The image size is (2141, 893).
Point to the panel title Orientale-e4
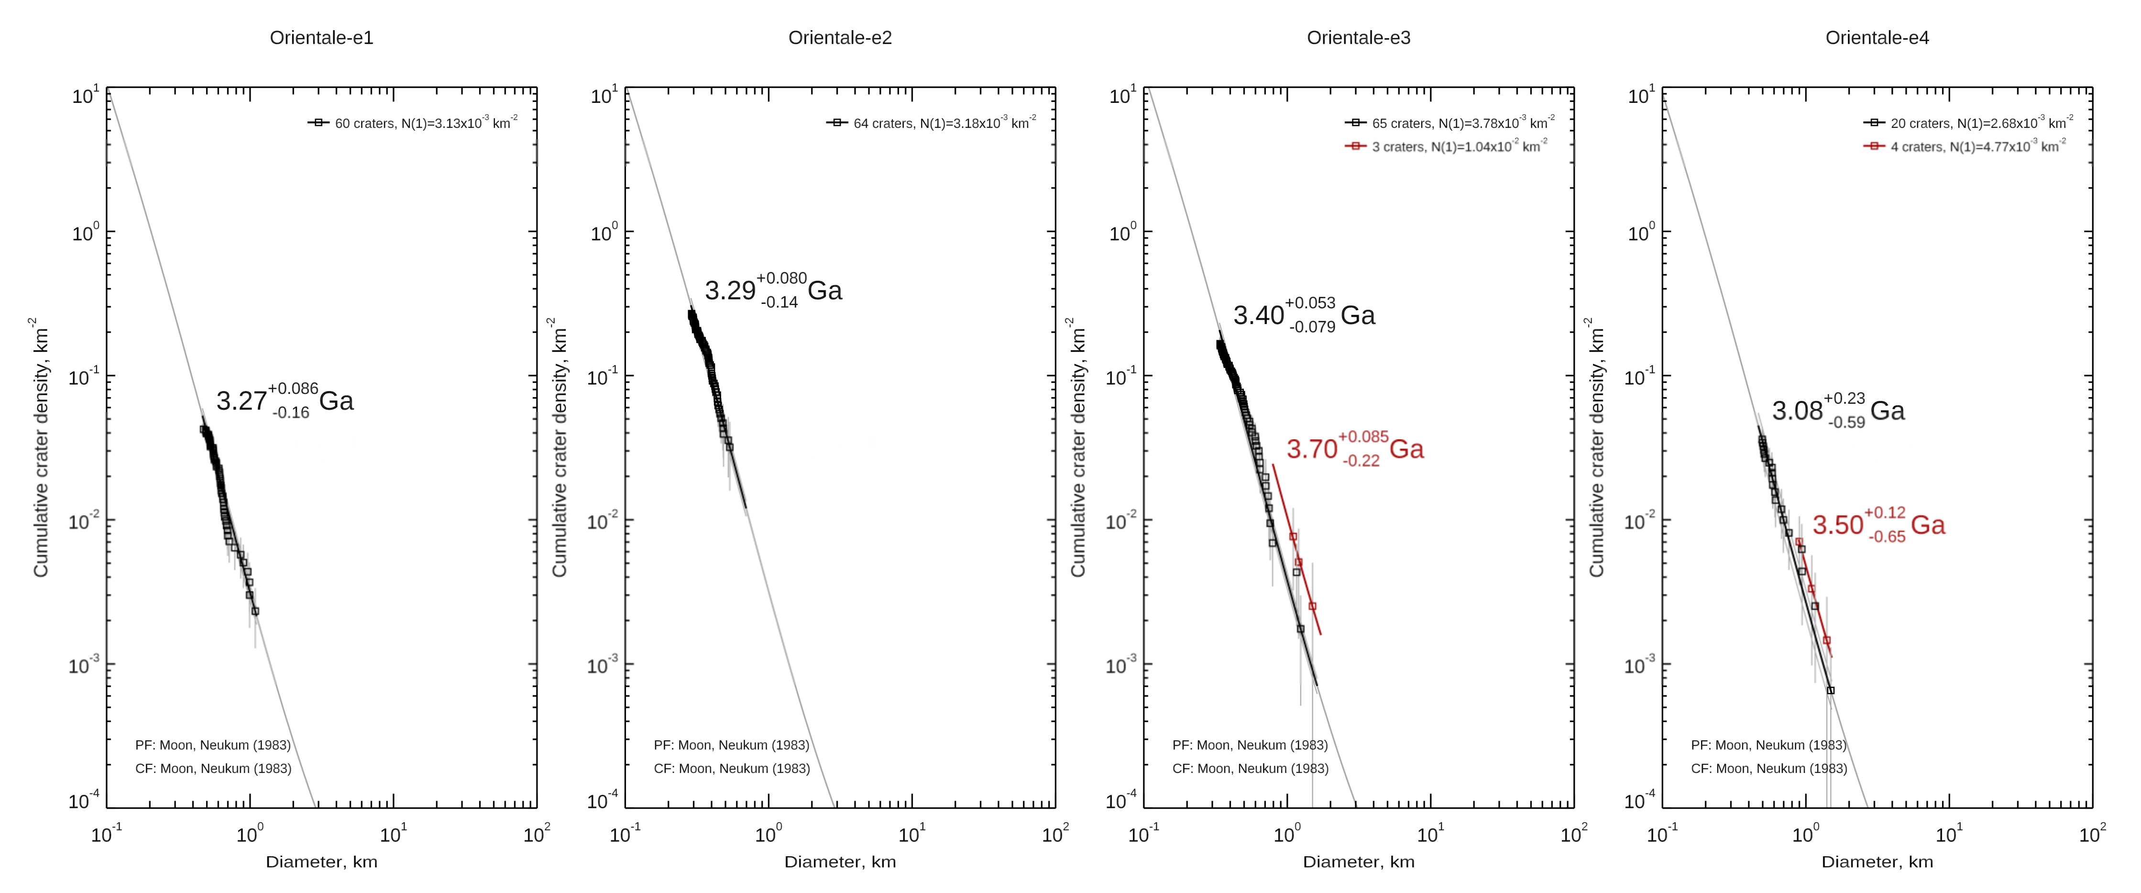pos(1877,37)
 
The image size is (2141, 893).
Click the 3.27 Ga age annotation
pos(284,401)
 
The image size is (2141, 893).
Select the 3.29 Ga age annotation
pos(773,290)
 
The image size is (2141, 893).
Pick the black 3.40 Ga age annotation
pos(1303,315)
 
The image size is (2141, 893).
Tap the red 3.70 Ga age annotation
pos(1355,449)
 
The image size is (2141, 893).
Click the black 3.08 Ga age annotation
pos(1838,411)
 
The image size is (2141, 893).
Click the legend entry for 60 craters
pos(413,123)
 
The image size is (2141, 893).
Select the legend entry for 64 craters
pos(932,123)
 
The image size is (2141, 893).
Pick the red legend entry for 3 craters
pos(1446,146)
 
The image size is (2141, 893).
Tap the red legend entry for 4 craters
pos(1965,146)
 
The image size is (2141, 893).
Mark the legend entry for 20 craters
pos(1969,123)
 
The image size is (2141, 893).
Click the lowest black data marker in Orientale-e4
pos(1830,690)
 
